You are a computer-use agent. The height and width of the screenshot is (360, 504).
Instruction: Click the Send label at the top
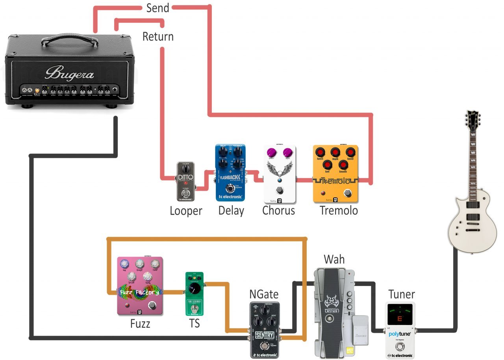pos(157,8)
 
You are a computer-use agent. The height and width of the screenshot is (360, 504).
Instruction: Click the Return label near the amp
pos(158,37)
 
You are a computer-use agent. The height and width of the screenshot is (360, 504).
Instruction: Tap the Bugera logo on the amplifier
pos(69,73)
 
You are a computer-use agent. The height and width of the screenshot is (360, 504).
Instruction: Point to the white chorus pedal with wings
pos(279,173)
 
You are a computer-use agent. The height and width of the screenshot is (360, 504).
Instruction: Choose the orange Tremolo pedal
pos(335,174)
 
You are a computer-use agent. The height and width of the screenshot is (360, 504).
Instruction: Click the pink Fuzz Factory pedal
pos(140,286)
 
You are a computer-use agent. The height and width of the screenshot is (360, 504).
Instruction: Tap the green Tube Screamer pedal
pos(193,293)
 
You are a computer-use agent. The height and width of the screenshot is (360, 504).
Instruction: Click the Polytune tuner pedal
pos(400,331)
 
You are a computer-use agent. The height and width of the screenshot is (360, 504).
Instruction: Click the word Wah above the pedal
pos(334,260)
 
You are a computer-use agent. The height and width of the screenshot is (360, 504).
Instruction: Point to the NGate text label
pos(264,294)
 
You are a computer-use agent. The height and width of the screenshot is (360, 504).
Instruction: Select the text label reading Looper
pos(186,211)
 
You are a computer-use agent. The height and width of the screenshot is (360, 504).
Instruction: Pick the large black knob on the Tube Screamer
pos(193,290)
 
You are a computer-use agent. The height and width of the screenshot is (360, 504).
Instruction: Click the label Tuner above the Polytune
pos(401,294)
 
